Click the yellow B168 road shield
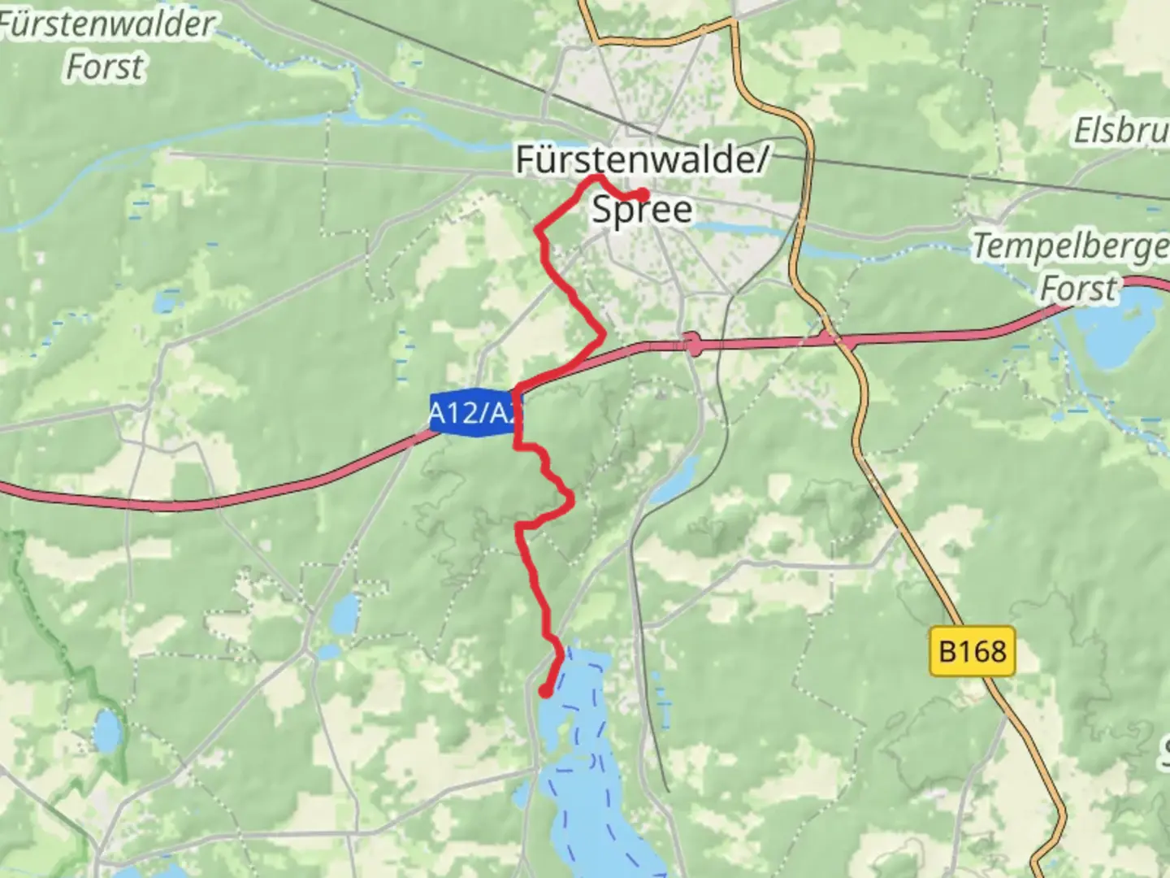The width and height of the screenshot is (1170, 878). tap(972, 651)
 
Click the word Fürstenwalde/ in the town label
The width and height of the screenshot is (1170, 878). tap(641, 159)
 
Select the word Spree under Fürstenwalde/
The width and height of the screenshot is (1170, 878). tap(642, 210)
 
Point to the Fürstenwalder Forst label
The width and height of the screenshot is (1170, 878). tap(106, 45)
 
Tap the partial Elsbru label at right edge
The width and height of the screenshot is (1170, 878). tap(1121, 130)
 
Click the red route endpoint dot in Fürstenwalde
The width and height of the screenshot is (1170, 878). tap(643, 195)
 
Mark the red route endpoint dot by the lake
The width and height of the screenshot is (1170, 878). tap(545, 692)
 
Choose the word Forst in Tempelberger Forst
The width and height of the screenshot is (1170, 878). tap(1078, 289)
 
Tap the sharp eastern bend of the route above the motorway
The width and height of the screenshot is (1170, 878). tap(602, 333)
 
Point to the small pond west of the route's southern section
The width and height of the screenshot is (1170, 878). tap(345, 613)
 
